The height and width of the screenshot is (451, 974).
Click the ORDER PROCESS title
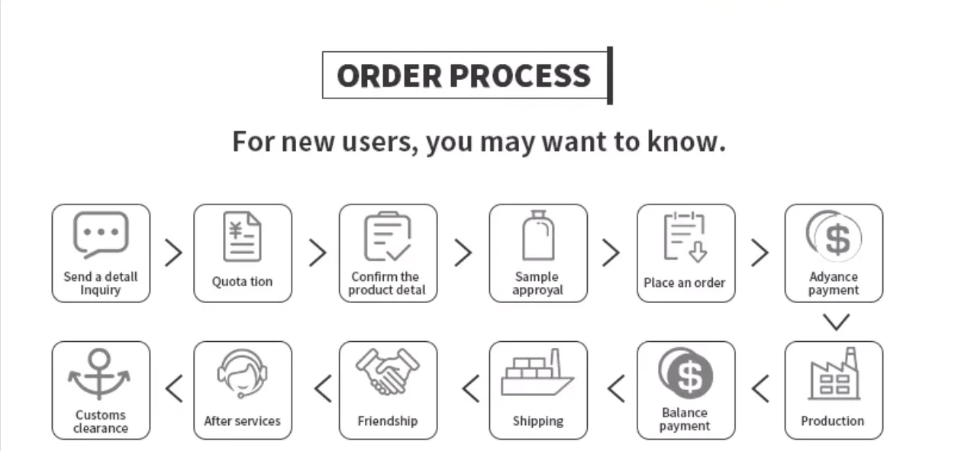tap(463, 76)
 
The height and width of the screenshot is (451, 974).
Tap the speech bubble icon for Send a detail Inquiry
tap(100, 234)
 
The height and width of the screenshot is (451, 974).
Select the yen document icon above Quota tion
tap(242, 237)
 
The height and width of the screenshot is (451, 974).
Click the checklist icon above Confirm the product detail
tap(388, 237)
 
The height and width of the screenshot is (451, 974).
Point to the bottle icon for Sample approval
tap(538, 236)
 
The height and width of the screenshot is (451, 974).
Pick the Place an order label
tap(685, 282)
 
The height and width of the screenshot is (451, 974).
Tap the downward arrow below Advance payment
tap(837, 322)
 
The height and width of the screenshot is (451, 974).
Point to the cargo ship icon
tap(537, 373)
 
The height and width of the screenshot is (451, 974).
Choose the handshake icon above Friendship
tap(388, 372)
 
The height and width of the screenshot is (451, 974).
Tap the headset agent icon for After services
tap(242, 373)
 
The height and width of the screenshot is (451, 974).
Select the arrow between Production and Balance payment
tap(760, 389)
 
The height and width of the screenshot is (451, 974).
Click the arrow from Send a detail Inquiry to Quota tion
tap(173, 253)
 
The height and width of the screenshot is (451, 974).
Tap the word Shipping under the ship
tap(538, 420)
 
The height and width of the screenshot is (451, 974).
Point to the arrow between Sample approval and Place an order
tap(611, 253)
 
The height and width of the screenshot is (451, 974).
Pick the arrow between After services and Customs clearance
tap(174, 389)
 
